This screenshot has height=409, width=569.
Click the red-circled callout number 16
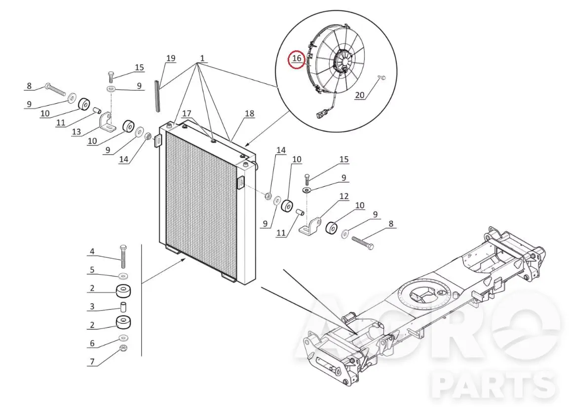pyautogui.click(x=297, y=58)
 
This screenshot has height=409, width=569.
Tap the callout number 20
pyautogui.click(x=359, y=95)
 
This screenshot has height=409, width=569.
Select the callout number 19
pyautogui.click(x=171, y=58)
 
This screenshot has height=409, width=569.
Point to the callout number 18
pyautogui.click(x=250, y=113)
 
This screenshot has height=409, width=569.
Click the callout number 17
pyautogui.click(x=187, y=113)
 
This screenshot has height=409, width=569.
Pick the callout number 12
pyautogui.click(x=343, y=196)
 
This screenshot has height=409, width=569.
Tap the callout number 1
pyautogui.click(x=202, y=58)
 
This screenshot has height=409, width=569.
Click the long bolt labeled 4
pyautogui.click(x=123, y=256)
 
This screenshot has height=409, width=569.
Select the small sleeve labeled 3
pyautogui.click(x=123, y=307)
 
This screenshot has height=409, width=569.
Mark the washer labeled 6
pyautogui.click(x=123, y=338)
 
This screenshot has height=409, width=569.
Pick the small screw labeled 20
pyautogui.click(x=381, y=78)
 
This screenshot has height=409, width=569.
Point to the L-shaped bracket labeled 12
pyautogui.click(x=309, y=225)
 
